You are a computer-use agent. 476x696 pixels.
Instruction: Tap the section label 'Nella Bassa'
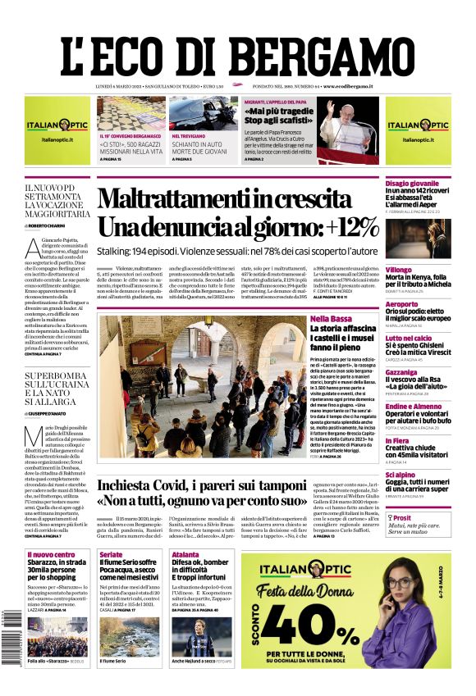[331, 318]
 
